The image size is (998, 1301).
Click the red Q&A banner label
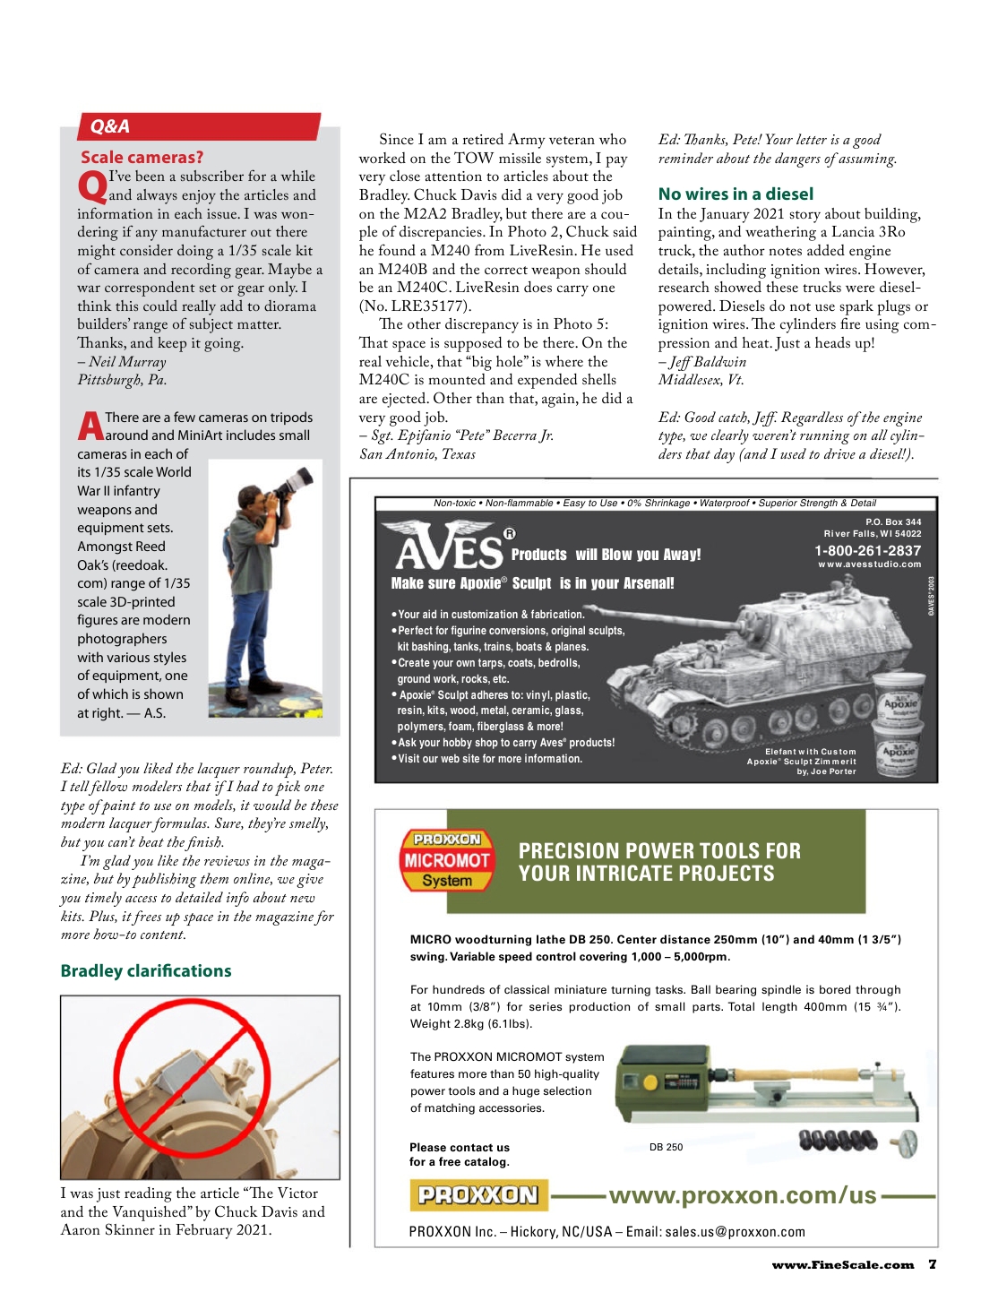tap(110, 126)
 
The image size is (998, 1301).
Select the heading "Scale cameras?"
tap(142, 158)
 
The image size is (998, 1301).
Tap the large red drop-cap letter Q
tap(91, 187)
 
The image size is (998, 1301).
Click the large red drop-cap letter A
tap(90, 426)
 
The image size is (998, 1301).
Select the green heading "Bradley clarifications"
tap(146, 971)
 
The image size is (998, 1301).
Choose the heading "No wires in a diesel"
tap(736, 194)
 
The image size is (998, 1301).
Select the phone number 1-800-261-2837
tap(867, 551)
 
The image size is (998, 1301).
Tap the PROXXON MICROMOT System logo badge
tap(446, 860)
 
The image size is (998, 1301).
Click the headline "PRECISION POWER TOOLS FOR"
tap(659, 851)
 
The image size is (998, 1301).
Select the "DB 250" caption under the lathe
tap(666, 1147)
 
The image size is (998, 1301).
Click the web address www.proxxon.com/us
tap(743, 1195)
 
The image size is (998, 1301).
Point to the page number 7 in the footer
tap(933, 1264)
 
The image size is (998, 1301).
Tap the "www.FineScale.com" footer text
tap(842, 1265)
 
